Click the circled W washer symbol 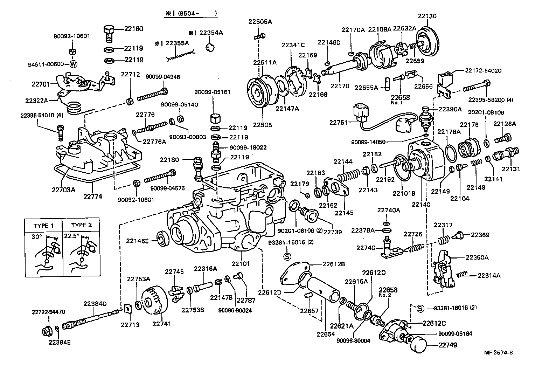pos(73,64)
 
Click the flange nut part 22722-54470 pos(46,330)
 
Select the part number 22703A pos(63,190)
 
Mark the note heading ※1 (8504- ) pos(191,14)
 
